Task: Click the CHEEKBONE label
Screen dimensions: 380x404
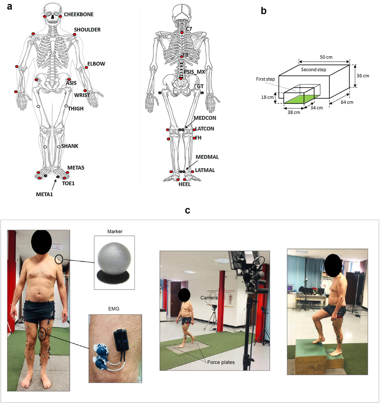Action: click(79, 15)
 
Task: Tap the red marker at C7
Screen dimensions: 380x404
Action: click(182, 33)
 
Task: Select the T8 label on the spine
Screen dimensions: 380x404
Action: click(185, 55)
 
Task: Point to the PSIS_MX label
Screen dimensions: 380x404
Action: click(194, 72)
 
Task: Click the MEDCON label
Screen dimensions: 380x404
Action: click(205, 118)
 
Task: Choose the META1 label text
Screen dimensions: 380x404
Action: click(44, 194)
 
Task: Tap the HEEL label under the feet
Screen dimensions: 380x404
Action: click(185, 184)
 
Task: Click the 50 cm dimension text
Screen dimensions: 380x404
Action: click(326, 57)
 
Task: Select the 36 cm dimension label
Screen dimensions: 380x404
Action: click(363, 76)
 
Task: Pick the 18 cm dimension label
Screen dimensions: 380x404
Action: click(267, 97)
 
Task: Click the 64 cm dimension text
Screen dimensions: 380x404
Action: click(347, 102)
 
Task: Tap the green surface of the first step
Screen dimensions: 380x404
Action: click(301, 99)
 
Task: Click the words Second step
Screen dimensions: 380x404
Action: click(313, 69)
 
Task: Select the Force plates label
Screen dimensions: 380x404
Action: click(221, 362)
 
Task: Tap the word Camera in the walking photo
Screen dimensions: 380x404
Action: click(209, 298)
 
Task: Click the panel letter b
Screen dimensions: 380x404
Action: click(263, 11)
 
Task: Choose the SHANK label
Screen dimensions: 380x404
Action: click(70, 146)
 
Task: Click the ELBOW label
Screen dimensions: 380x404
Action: click(96, 64)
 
